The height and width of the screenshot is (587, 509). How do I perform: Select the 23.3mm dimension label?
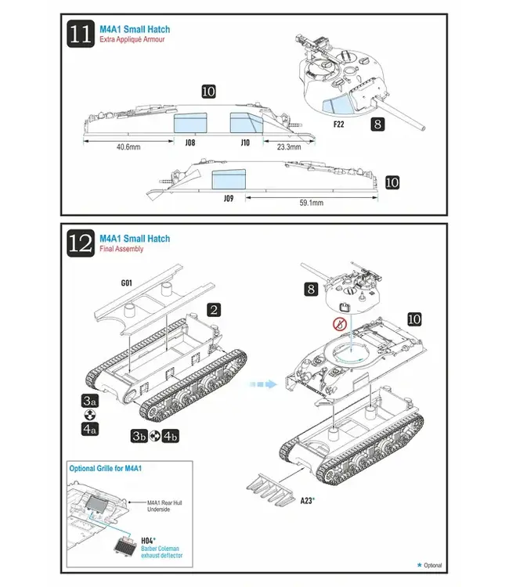pyautogui.click(x=288, y=146)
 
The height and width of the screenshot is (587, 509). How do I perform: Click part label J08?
pyautogui.click(x=190, y=143)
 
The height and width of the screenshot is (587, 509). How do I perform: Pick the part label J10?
pyautogui.click(x=244, y=143)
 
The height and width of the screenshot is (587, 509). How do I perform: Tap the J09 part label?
pyautogui.click(x=229, y=199)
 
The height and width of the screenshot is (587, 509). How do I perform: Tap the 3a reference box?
pyautogui.click(x=89, y=400)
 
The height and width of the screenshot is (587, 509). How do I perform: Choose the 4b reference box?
pyautogui.click(x=170, y=435)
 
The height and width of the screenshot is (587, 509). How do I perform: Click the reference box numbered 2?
pyautogui.click(x=216, y=309)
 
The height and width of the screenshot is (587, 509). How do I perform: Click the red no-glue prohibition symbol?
pyautogui.click(x=340, y=324)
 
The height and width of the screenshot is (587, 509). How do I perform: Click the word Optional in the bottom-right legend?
pyautogui.click(x=433, y=565)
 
